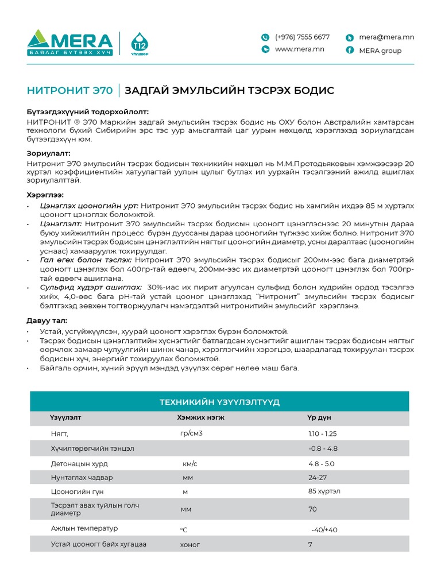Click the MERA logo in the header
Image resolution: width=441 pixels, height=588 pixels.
pyautogui.click(x=70, y=43)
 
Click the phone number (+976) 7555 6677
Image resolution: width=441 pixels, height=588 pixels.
pyautogui.click(x=302, y=37)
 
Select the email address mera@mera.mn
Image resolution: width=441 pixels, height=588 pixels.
pyautogui.click(x=386, y=37)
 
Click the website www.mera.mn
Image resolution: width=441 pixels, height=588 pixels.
pyautogui.click(x=300, y=49)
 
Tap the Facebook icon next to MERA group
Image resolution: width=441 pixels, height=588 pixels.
pyautogui.click(x=349, y=50)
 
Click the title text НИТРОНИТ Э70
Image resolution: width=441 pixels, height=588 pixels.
pyautogui.click(x=69, y=91)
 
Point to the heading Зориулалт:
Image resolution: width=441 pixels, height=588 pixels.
pyautogui.click(x=49, y=154)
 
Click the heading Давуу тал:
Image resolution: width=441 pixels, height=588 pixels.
pyautogui.click(x=47, y=321)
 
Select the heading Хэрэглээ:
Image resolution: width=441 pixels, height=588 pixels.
pyautogui.click(x=45, y=195)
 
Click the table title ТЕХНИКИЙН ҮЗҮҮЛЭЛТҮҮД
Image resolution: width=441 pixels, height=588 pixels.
pyautogui.click(x=219, y=402)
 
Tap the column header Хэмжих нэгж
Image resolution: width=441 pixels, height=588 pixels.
pyautogui.click(x=200, y=417)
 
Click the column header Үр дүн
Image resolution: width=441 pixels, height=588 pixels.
pyautogui.click(x=319, y=417)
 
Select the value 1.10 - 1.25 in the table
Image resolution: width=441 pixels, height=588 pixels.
pyautogui.click(x=322, y=434)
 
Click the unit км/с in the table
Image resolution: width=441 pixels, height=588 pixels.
pyautogui.click(x=189, y=463)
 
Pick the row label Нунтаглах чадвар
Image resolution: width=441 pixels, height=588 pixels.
pyautogui.click(x=82, y=478)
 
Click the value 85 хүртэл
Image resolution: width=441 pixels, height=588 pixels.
pyautogui.click(x=324, y=492)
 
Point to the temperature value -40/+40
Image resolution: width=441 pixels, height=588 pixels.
pyautogui.click(x=324, y=529)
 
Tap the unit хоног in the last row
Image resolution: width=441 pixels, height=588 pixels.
pyautogui.click(x=190, y=544)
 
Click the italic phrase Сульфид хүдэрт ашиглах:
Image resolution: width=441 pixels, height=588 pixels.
pyautogui.click(x=91, y=287)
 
